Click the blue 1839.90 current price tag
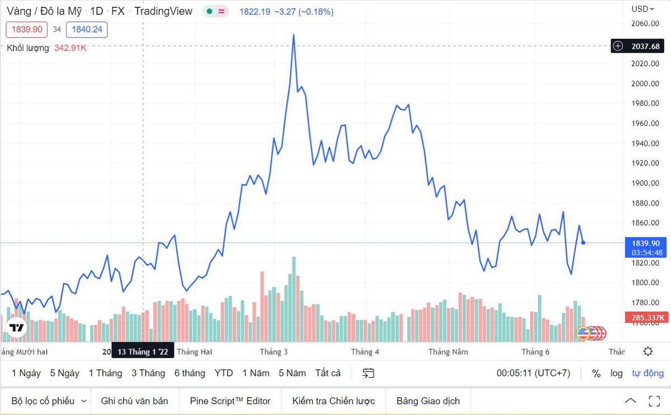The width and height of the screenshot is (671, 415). pyautogui.click(x=646, y=243)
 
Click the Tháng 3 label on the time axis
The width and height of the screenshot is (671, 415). pyautogui.click(x=274, y=352)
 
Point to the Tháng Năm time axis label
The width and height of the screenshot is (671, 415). pyautogui.click(x=448, y=352)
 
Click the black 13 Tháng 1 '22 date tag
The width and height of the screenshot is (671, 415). pyautogui.click(x=143, y=352)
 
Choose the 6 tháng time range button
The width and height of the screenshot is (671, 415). pyautogui.click(x=190, y=373)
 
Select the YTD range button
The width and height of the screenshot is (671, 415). pyautogui.click(x=224, y=373)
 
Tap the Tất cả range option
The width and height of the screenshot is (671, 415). pyautogui.click(x=328, y=373)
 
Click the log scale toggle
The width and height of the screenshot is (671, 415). pyautogui.click(x=616, y=374)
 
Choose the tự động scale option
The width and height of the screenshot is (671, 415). pyautogui.click(x=648, y=374)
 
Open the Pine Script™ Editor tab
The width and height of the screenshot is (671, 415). pyautogui.click(x=230, y=401)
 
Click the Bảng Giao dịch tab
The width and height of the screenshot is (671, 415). pyautogui.click(x=428, y=401)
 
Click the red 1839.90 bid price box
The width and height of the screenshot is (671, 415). pyautogui.click(x=27, y=29)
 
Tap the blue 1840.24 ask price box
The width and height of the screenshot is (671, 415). pyautogui.click(x=87, y=29)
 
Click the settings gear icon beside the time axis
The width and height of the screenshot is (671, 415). pyautogui.click(x=648, y=352)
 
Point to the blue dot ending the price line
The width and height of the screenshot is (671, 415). pyautogui.click(x=583, y=243)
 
